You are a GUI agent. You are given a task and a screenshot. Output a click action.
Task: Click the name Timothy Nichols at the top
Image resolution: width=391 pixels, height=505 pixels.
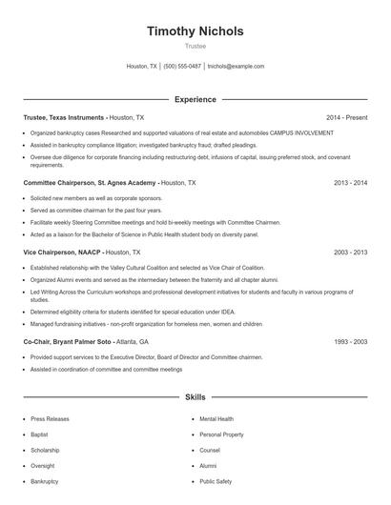pyautogui.click(x=195, y=31)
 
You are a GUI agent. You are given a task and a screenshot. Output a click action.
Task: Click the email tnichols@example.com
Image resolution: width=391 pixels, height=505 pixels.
pyautogui.click(x=236, y=67)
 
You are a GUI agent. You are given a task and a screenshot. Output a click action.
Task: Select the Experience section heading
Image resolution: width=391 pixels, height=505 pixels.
pyautogui.click(x=195, y=99)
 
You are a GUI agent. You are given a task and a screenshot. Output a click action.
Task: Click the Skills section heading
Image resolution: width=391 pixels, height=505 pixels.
pyautogui.click(x=195, y=395)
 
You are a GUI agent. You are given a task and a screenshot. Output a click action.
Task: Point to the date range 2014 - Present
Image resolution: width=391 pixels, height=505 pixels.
pyautogui.click(x=347, y=117)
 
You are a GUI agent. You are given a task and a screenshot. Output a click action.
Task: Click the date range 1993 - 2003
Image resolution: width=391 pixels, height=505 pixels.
pyautogui.click(x=349, y=341)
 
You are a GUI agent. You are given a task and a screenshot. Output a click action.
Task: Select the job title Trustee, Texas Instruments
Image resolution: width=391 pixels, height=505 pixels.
pyautogui.click(x=64, y=117)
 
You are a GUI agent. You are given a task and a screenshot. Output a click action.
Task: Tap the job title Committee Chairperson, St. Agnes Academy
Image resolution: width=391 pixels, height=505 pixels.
pyautogui.click(x=90, y=182)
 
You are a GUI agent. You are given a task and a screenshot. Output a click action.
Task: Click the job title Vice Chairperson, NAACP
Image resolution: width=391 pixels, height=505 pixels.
pyautogui.click(x=62, y=252)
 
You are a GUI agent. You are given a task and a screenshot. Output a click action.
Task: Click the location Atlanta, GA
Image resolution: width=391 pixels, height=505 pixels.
pyautogui.click(x=132, y=341)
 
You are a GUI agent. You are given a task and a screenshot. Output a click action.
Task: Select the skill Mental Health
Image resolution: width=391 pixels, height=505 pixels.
pyautogui.click(x=216, y=418)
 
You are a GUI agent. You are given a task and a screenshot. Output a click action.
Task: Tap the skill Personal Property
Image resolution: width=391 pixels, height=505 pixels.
pyautogui.click(x=220, y=434)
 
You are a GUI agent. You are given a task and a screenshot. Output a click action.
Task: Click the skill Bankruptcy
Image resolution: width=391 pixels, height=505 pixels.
pyautogui.click(x=45, y=481)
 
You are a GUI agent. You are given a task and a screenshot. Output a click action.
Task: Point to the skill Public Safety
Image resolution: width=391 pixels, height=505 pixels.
pyautogui.click(x=216, y=481)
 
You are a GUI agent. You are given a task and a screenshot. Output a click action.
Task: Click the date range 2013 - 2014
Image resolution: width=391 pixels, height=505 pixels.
pyautogui.click(x=349, y=182)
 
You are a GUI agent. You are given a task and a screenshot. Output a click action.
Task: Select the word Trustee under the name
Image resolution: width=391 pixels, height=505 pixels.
pyautogui.click(x=195, y=45)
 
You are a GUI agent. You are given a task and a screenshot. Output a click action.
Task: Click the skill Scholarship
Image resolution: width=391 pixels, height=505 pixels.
pyautogui.click(x=47, y=450)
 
